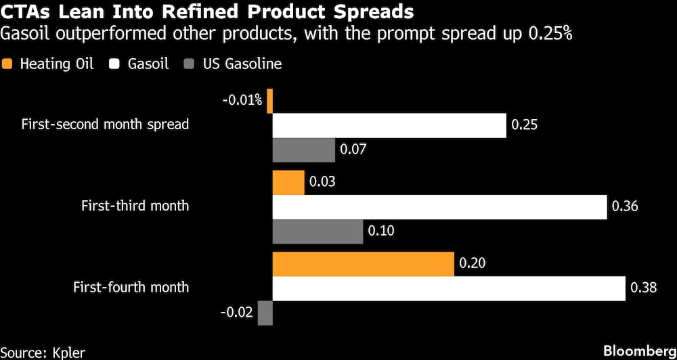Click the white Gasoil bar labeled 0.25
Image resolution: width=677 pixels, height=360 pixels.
[389, 125]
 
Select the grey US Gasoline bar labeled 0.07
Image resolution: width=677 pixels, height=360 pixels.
[303, 150]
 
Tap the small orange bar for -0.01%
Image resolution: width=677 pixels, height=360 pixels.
[269, 101]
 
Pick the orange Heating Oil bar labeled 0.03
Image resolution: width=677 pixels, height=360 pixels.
[288, 182]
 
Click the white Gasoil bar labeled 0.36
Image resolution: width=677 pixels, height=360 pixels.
[439, 206]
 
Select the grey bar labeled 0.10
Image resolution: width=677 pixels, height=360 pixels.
[318, 231]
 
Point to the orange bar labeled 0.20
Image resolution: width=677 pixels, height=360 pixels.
[363, 263]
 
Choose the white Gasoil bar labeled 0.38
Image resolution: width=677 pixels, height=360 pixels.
[448, 288]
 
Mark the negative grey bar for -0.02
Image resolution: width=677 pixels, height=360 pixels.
[265, 312]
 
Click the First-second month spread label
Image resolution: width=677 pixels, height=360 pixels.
[105, 125]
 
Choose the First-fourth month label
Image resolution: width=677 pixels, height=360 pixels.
[131, 287]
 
